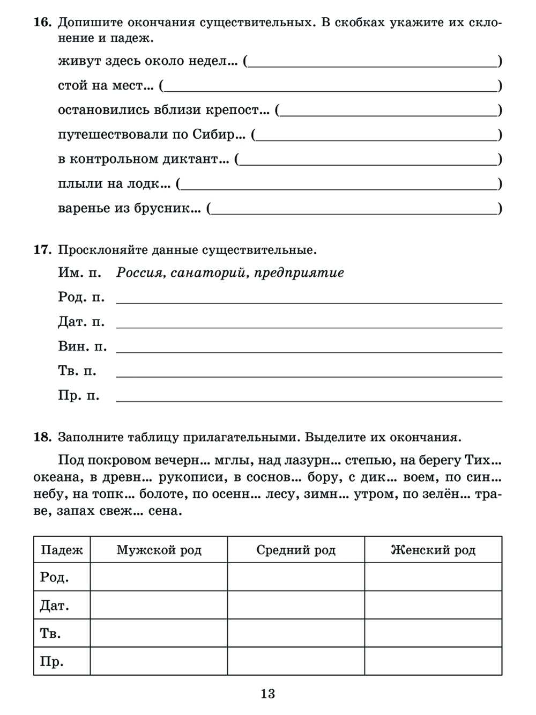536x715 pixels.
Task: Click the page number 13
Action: (267, 694)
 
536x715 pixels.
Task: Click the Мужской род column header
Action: (159, 550)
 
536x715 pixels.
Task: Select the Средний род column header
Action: (296, 550)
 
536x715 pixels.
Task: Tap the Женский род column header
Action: (433, 550)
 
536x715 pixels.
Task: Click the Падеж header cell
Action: (62, 550)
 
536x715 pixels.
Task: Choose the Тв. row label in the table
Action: (50, 633)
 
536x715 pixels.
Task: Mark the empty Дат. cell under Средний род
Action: (296, 605)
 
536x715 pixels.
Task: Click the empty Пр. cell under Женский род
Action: (433, 661)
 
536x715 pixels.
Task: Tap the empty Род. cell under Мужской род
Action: (159, 577)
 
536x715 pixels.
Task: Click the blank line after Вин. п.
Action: (309, 348)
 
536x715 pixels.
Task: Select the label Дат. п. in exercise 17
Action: (81, 322)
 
